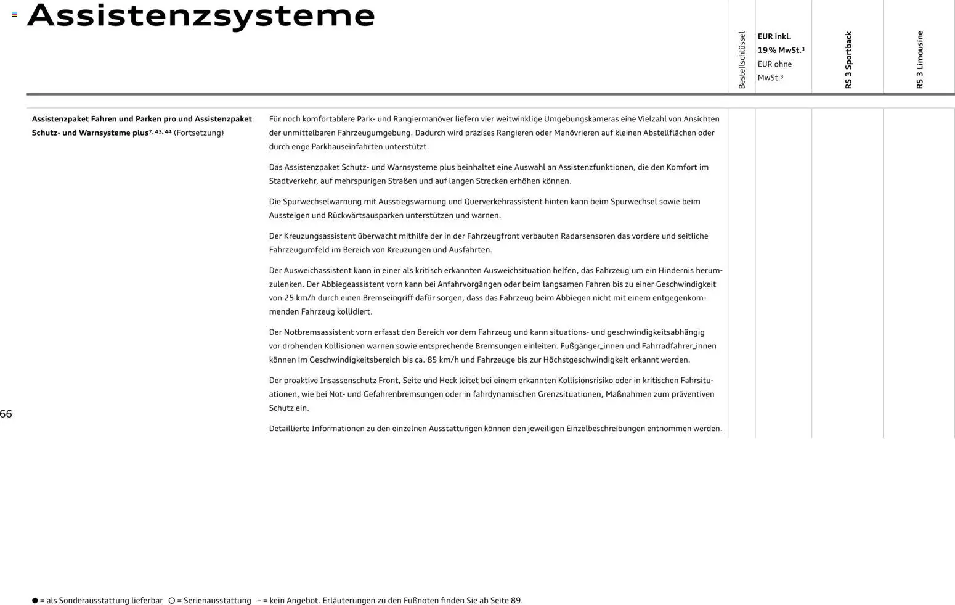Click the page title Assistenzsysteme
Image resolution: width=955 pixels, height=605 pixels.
201,16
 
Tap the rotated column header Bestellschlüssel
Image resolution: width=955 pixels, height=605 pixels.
742,60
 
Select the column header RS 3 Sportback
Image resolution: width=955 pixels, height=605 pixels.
848,60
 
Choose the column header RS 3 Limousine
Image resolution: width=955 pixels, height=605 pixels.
920,60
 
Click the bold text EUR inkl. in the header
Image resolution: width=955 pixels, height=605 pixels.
774,36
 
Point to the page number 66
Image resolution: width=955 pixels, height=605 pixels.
6,414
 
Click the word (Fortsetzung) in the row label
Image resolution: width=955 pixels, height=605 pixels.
198,133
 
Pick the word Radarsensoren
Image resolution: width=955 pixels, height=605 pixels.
583,236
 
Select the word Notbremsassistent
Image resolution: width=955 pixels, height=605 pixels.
319,332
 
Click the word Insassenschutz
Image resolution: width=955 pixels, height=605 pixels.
347,381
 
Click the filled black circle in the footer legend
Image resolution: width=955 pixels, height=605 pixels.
35,601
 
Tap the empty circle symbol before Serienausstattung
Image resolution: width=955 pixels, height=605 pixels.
172,601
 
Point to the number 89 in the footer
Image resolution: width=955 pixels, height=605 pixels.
516,601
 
